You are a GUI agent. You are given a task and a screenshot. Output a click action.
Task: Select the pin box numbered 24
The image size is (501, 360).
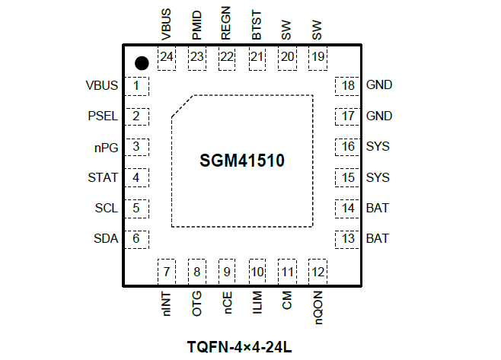pyautogui.click(x=166, y=57)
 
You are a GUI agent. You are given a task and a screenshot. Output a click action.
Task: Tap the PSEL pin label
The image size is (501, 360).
pyautogui.click(x=103, y=116)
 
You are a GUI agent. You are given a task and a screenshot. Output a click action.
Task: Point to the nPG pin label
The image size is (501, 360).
pyautogui.click(x=106, y=147)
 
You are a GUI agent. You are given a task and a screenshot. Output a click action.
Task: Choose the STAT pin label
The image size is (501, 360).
pyautogui.click(x=104, y=177)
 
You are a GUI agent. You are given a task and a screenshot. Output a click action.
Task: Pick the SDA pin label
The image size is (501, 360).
pyautogui.click(x=105, y=238)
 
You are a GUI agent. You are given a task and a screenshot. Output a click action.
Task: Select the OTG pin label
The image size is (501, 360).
pyautogui.click(x=197, y=301)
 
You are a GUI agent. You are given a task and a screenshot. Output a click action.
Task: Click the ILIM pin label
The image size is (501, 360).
pyautogui.click(x=257, y=301)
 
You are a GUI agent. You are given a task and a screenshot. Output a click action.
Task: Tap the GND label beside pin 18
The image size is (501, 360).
pyautogui.click(x=379, y=85)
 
